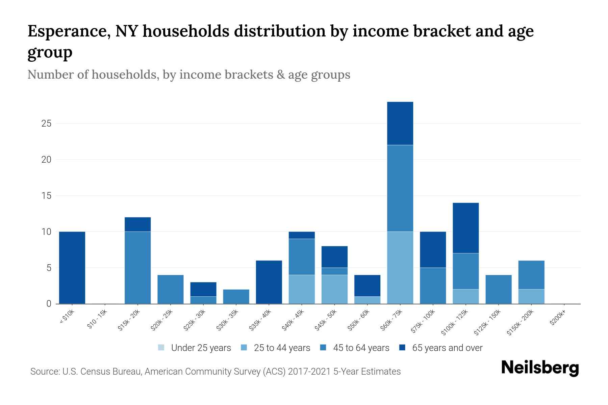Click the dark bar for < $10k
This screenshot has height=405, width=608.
pos(72,267)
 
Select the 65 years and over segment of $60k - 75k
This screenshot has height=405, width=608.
pos(400,123)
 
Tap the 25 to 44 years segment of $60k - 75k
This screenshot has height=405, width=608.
pos(400,267)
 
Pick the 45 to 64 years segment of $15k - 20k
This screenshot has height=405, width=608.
pos(137,267)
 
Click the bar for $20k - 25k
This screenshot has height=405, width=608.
pos(171,289)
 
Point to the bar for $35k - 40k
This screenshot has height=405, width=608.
pos(269,282)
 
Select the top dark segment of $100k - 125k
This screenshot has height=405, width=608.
pos(465,228)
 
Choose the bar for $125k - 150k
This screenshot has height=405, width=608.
pos(498,289)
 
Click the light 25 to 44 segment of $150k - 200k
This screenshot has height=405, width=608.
pos(531,296)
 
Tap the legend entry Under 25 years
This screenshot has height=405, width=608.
pos(194,348)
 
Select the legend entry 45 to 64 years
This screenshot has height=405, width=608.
pos(355,348)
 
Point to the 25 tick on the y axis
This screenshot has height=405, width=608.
pos(46,124)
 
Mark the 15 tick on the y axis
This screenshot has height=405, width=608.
pos(46,196)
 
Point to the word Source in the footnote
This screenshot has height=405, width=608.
pos(45,372)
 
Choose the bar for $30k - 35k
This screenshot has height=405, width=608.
pos(236,296)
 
